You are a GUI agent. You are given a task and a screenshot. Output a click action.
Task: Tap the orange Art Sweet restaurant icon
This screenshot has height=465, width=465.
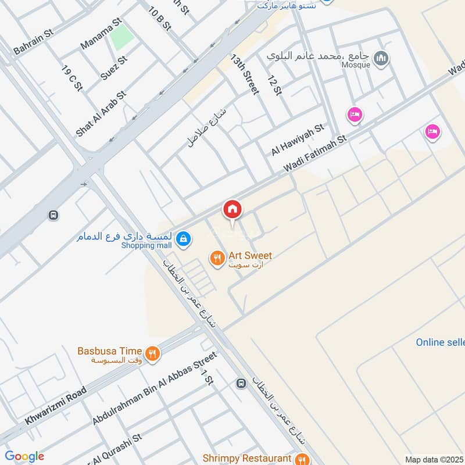click(217, 257)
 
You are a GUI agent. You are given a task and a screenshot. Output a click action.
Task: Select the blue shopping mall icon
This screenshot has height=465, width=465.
click(183, 238)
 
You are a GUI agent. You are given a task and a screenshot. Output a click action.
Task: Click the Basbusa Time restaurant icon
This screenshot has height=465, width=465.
click(152, 353)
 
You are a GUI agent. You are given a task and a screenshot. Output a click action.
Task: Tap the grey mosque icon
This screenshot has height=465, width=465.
click(381, 58)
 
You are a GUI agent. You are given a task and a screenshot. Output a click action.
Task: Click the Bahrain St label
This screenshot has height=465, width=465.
click(33, 40)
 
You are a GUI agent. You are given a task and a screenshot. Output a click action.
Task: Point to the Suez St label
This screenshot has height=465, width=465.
click(113, 68)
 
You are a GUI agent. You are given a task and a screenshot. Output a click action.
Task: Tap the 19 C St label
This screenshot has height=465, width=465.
click(72, 78)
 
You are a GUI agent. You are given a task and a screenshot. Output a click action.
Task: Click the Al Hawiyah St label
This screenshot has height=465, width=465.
click(297, 139)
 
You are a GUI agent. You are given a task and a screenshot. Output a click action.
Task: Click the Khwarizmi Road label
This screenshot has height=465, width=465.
click(56, 405)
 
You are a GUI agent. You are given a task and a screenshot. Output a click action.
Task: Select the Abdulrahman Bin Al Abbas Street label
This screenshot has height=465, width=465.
click(154, 388)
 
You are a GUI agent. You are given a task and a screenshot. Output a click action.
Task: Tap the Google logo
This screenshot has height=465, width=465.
click(24, 456)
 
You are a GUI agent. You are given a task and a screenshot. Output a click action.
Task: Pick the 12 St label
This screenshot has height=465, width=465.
click(274, 85)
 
